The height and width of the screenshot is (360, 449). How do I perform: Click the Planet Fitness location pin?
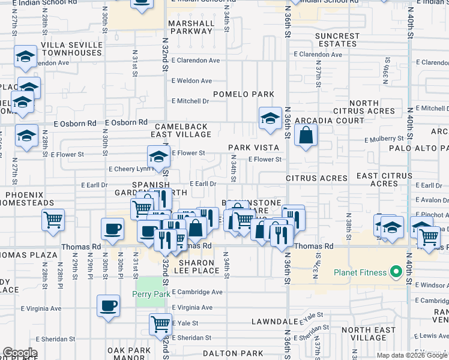tap(395, 273)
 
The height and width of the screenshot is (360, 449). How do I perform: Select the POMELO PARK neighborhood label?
tap(243, 94)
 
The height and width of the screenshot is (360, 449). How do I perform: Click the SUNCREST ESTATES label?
tap(337, 40)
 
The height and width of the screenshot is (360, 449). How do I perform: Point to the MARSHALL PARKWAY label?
tap(191, 27)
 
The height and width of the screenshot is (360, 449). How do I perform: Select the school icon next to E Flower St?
tap(158, 157)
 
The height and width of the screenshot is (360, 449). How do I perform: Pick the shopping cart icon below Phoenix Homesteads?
tap(53, 220)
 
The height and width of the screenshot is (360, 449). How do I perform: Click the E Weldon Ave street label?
tap(191, 81)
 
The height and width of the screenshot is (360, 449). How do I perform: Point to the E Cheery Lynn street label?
tap(126, 169)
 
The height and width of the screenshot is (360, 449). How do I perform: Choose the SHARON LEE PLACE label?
tap(193, 267)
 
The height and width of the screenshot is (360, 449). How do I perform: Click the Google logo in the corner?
tap(20, 353)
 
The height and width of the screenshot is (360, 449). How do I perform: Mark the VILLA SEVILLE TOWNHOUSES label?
tap(71, 49)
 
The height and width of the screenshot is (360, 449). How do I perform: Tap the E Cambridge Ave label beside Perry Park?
tap(197, 292)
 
